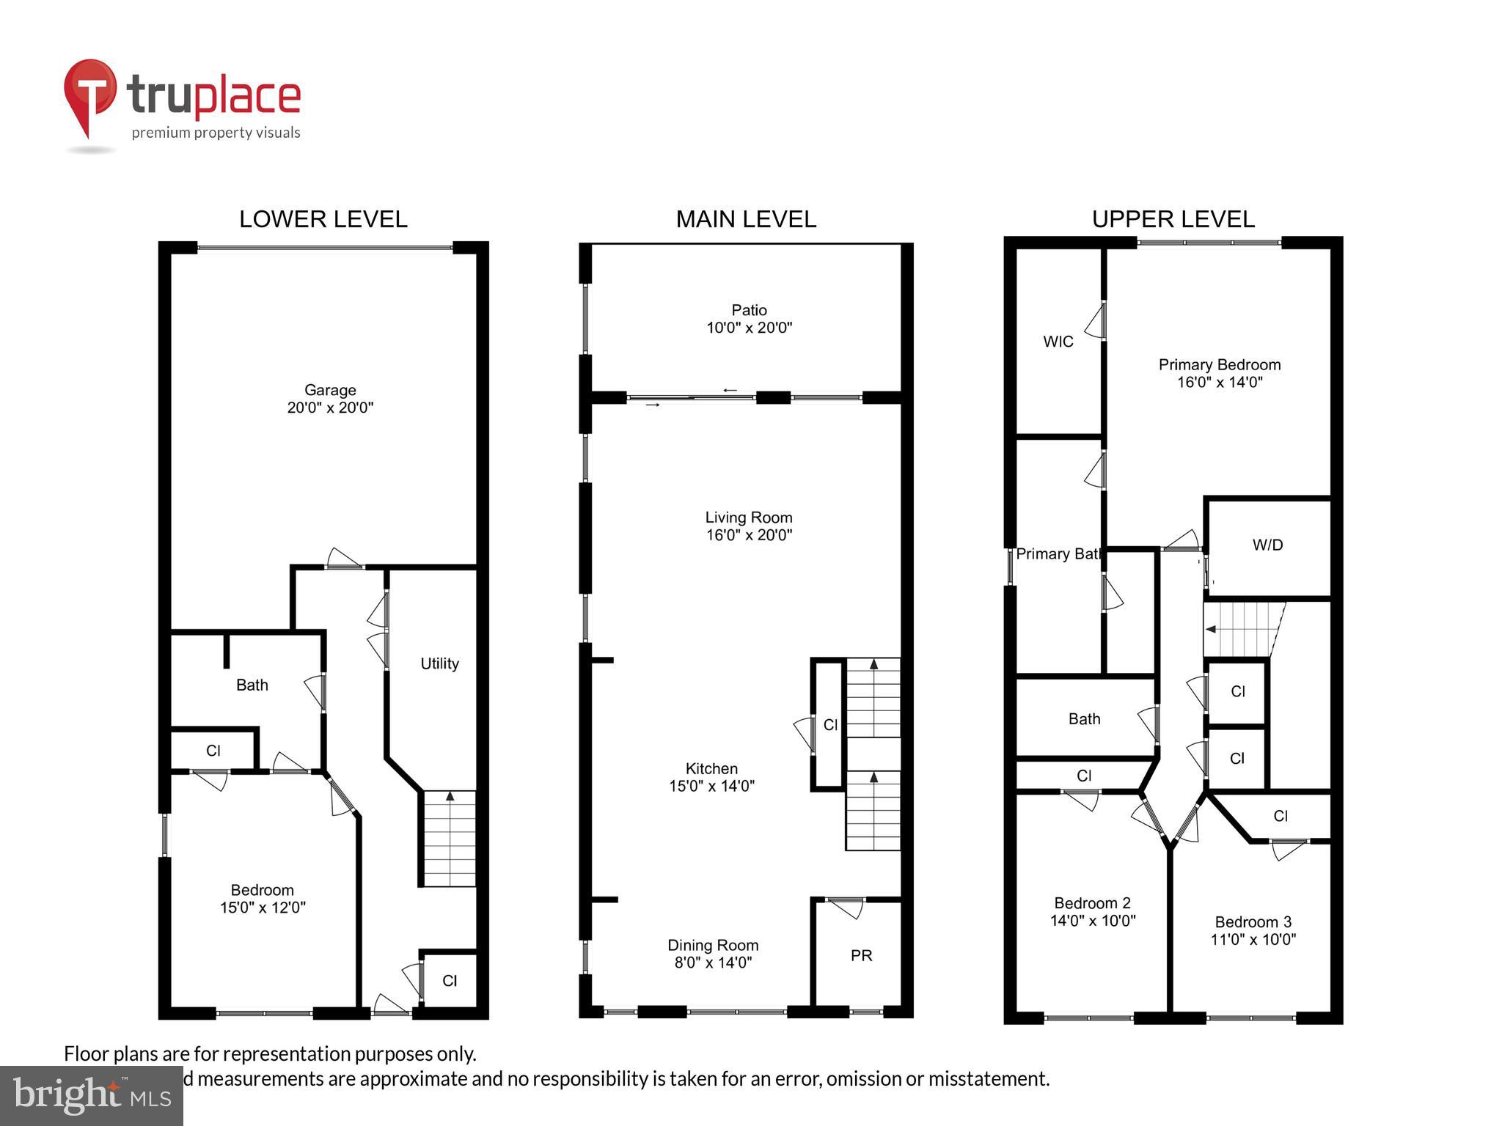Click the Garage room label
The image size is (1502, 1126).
[330, 390]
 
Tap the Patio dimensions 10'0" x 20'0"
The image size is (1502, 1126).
[749, 328]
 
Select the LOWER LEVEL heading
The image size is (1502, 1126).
[323, 219]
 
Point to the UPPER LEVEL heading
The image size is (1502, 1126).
[1173, 219]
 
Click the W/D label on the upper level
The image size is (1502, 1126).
[1267, 545]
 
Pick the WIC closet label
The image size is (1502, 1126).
[1058, 342]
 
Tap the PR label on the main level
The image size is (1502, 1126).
[861, 956]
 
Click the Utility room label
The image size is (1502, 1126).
[439, 663]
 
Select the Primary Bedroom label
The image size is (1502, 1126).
[1219, 364]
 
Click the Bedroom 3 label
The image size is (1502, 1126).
[1253, 922]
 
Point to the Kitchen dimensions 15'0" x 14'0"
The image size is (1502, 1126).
[711, 786]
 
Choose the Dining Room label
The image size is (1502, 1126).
[712, 946]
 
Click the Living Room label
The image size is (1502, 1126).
[748, 518]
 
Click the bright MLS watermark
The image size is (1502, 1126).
[92, 1096]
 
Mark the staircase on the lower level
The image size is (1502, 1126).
[450, 839]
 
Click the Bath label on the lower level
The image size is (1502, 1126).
[252, 685]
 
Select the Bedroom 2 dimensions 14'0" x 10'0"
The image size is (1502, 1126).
[1092, 921]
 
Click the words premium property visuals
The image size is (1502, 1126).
[216, 133]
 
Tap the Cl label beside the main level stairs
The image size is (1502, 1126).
[830, 725]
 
